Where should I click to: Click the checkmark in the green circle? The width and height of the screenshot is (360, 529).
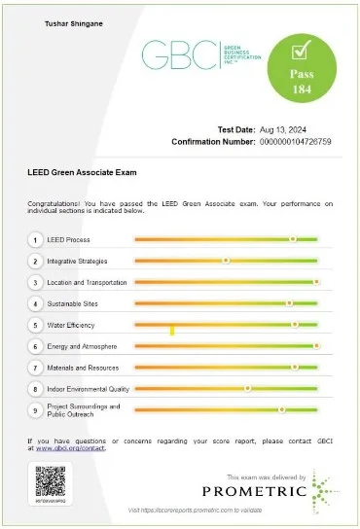click(301, 48)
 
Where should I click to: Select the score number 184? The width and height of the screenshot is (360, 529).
click(301, 88)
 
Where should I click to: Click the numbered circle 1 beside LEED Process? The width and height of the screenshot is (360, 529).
click(36, 239)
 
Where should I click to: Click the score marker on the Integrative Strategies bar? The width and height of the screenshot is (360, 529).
click(226, 261)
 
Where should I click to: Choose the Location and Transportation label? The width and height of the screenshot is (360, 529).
click(88, 282)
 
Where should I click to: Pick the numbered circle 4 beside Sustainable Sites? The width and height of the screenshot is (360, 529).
click(36, 303)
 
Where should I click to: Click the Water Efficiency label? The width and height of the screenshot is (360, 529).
click(74, 325)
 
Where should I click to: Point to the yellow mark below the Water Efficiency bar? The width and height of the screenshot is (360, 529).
click(172, 332)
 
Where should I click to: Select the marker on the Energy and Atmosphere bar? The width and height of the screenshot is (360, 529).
click(316, 346)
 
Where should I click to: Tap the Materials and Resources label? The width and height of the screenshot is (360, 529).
click(83, 368)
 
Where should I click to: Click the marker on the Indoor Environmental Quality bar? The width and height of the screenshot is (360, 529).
click(247, 389)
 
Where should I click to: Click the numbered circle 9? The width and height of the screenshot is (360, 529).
click(36, 410)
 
